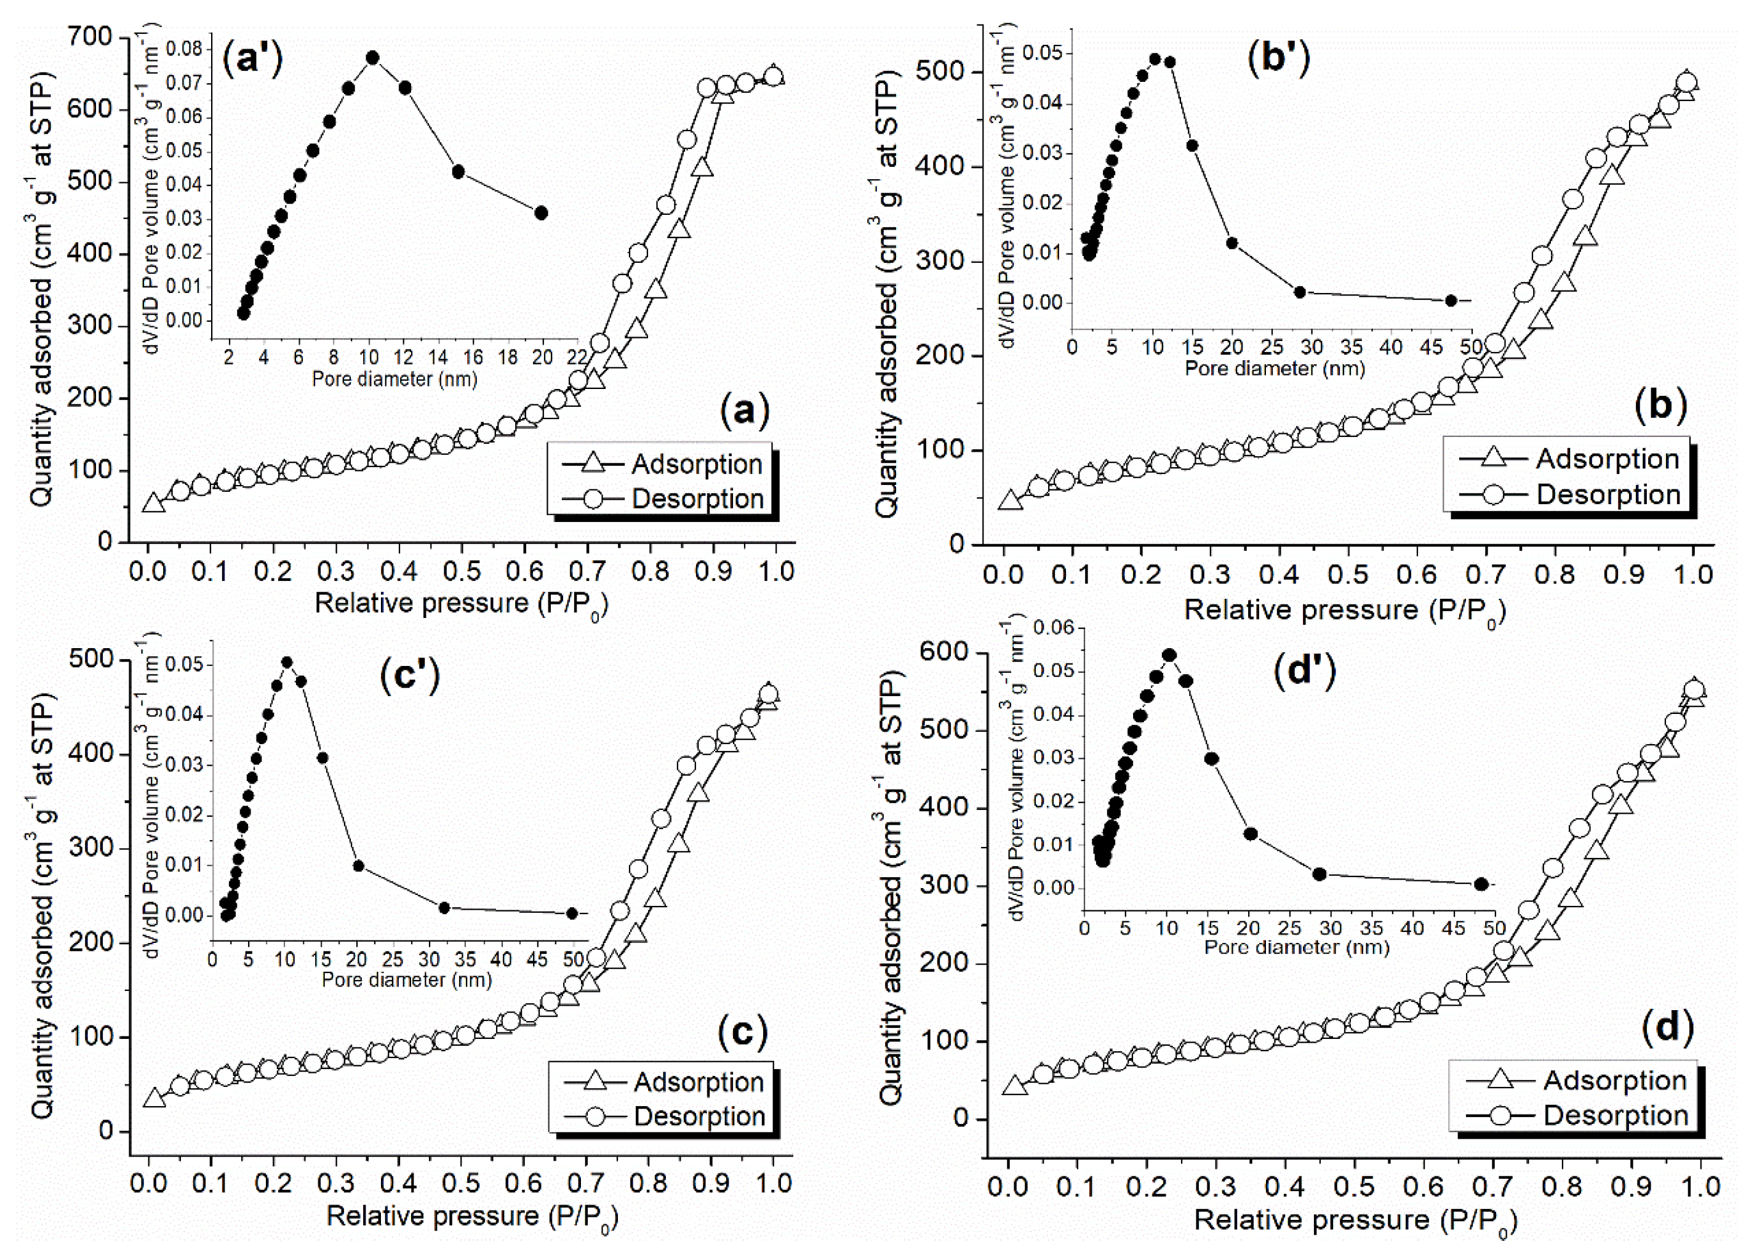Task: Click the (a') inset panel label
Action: [x=252, y=58]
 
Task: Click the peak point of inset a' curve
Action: [x=372, y=57]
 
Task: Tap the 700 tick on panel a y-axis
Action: [x=90, y=37]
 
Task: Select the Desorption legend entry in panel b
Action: [x=1571, y=494]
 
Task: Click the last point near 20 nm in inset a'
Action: [x=541, y=213]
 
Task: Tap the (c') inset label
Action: [x=410, y=675]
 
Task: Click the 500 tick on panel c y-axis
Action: [x=90, y=660]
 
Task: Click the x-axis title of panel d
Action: [x=1355, y=1219]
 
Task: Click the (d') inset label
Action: [x=1304, y=669]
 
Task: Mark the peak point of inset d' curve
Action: [x=1169, y=656]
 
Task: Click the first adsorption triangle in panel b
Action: [x=1010, y=500]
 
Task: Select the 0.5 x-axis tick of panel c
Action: [x=462, y=1182]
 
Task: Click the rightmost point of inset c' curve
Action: [x=572, y=913]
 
